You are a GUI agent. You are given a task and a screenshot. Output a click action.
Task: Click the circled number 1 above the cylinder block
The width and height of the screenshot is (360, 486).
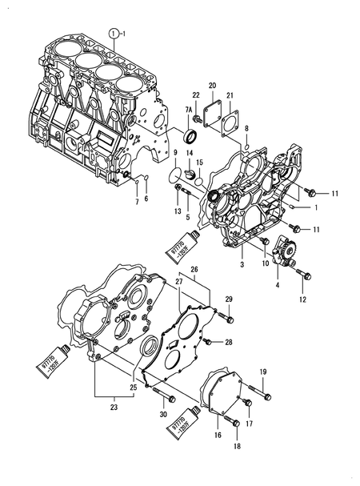coord(115,33)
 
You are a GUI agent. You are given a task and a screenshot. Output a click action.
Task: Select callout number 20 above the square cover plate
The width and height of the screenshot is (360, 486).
coord(212,85)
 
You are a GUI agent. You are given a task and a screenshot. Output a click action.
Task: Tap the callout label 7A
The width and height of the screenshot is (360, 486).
coord(190,108)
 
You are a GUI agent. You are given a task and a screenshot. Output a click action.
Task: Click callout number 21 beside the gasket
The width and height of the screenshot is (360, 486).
coord(230,96)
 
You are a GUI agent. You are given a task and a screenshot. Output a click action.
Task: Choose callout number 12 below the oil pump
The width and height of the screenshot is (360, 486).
coord(303,299)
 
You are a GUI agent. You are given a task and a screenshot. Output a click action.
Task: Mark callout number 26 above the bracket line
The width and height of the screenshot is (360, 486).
coord(194,269)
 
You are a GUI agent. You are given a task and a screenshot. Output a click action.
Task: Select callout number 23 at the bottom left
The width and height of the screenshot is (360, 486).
coord(114,408)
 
